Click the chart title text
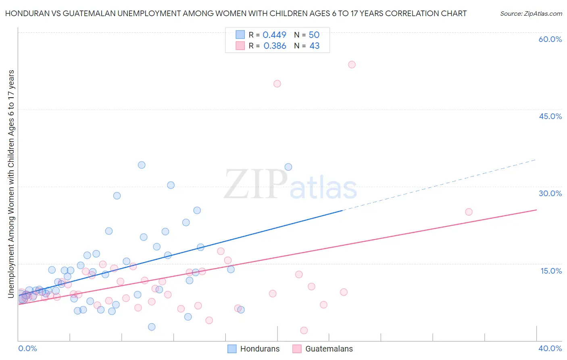coord(236,13)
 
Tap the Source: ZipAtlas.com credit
coord(531,13)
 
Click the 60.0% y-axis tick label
coord(550,39)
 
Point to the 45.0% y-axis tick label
coord(550,116)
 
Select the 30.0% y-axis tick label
coord(550,193)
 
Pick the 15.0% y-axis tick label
coord(551,271)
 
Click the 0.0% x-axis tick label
coord(27,348)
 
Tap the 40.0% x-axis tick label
coord(550,348)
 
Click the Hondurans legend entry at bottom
coord(254,349)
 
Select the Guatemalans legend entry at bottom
coord(323,349)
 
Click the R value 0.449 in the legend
coord(274,35)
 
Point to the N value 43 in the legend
coord(314,46)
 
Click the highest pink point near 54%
coord(352,65)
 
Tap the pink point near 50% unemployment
coord(277,84)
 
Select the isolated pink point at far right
coord(469,212)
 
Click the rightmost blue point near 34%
coord(288,167)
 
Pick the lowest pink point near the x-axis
coord(304,331)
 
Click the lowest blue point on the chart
coord(152,327)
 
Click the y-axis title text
coord(11,184)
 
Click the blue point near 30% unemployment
coord(171,185)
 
